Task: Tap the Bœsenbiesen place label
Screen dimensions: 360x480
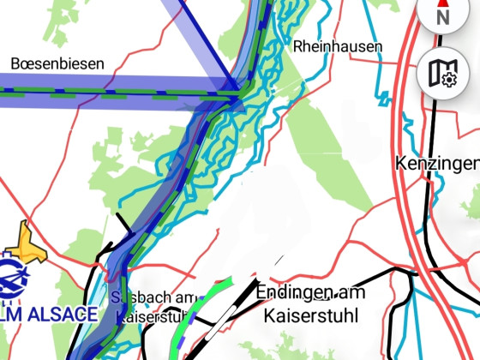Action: (57, 63)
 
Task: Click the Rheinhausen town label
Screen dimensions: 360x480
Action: (338, 46)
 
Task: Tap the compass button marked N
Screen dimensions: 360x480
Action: (443, 13)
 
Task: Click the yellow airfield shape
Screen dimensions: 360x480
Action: (26, 245)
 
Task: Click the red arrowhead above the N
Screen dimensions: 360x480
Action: (443, 3)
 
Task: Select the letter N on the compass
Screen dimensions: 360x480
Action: (443, 16)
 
